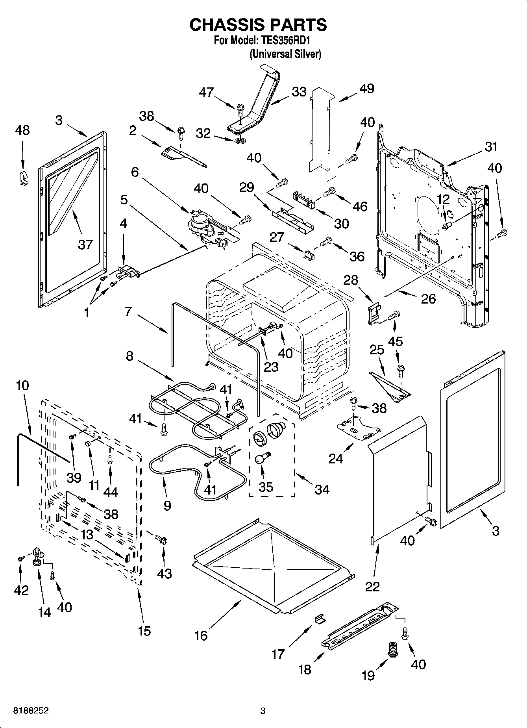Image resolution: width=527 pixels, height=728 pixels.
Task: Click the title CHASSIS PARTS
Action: [258, 25]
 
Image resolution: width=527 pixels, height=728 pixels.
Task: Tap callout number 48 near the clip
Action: [22, 130]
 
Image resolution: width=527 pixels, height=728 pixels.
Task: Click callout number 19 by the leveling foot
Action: [368, 675]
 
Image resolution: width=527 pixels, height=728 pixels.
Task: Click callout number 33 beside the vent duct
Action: [299, 92]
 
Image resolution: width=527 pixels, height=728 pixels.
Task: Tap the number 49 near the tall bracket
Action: [367, 89]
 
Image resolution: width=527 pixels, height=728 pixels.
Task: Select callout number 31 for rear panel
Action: [491, 147]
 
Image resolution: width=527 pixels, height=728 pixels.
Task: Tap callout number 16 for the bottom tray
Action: [201, 635]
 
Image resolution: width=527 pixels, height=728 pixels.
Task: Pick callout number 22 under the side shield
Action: [372, 586]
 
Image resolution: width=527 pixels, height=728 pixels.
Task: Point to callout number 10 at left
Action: [22, 385]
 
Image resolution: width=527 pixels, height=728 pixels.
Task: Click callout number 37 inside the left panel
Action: [85, 245]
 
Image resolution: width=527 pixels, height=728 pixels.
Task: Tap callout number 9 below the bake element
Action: [167, 506]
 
